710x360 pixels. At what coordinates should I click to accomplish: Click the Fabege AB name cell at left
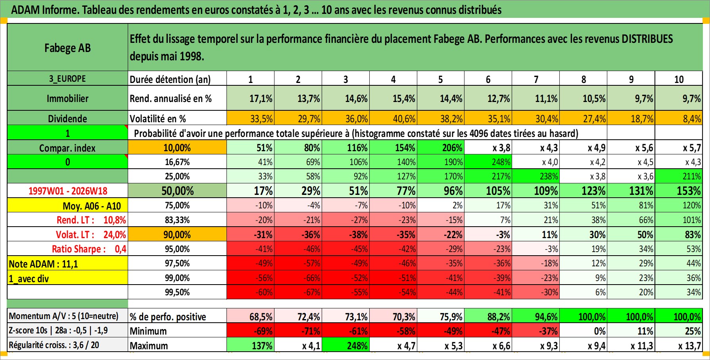pyautogui.click(x=67, y=48)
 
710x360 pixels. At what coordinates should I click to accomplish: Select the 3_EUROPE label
pyautogui.click(x=67, y=79)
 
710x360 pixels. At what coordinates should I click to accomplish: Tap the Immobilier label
pyautogui.click(x=67, y=98)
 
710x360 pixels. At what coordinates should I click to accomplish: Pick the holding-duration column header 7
pyautogui.click(x=536, y=79)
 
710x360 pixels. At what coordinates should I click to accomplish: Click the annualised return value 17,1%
pyautogui.click(x=261, y=98)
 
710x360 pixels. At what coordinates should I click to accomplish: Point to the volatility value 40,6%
pyautogui.click(x=404, y=119)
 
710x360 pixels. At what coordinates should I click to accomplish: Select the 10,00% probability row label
pyautogui.click(x=177, y=148)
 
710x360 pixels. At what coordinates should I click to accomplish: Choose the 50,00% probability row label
pyautogui.click(x=177, y=191)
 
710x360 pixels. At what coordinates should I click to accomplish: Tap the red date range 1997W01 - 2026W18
pyautogui.click(x=68, y=191)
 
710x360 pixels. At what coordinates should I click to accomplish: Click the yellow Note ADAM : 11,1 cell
pyautogui.click(x=67, y=264)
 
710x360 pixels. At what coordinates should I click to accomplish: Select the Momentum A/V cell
pyautogui.click(x=64, y=316)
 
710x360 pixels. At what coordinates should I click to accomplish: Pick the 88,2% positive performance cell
pyautogui.click(x=499, y=317)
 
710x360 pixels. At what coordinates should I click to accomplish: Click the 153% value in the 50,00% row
pyautogui.click(x=689, y=191)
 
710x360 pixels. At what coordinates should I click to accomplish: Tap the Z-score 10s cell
pyautogui.click(x=58, y=330)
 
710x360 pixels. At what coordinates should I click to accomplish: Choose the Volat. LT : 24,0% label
pyautogui.click(x=91, y=235)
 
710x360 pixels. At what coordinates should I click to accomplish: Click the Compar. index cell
pyautogui.click(x=67, y=148)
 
